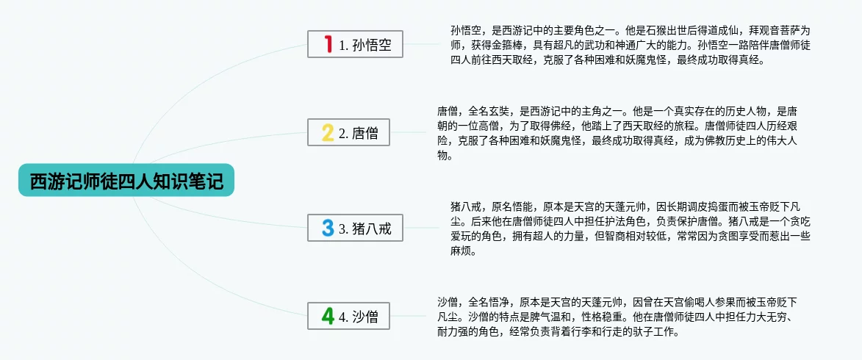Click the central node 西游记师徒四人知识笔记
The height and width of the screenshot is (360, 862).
click(x=126, y=180)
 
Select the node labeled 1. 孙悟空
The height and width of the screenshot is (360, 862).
click(x=355, y=44)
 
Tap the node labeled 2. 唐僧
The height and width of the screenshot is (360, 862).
click(x=348, y=132)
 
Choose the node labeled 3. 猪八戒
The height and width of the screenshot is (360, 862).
click(x=355, y=228)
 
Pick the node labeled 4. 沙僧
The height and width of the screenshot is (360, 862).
click(x=348, y=316)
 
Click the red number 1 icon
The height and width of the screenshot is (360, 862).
click(x=328, y=44)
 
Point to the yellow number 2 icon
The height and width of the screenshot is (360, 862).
click(x=328, y=132)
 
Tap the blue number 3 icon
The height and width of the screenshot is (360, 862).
click(x=328, y=228)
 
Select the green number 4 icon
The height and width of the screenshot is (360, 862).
click(x=328, y=316)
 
